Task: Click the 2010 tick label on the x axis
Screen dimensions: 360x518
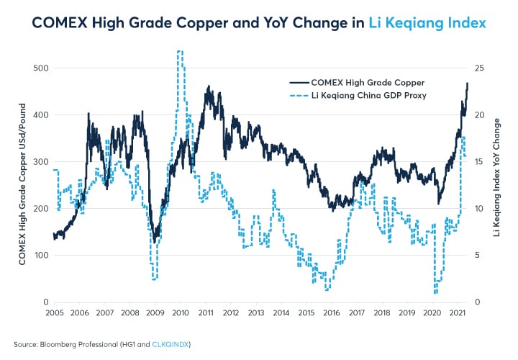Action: coord(181,314)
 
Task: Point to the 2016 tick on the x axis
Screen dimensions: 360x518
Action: coord(331,314)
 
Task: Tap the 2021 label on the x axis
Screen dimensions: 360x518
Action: coord(456,314)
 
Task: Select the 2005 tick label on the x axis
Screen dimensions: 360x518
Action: coord(55,314)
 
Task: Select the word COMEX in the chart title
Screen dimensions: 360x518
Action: coord(62,24)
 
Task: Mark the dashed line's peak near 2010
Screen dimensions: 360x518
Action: coord(179,52)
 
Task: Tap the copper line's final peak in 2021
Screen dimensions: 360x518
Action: coord(467,84)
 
